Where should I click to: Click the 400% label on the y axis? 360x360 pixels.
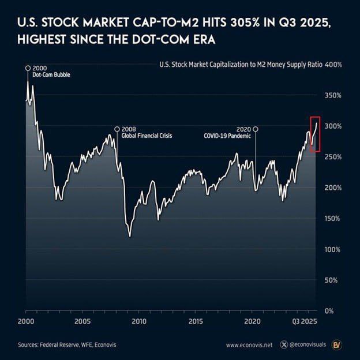pos(334,65)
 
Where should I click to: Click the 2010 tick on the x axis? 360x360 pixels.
pos(138,321)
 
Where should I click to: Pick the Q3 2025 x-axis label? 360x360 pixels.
pos(303,321)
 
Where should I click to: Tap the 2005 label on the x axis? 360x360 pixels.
pos(82,321)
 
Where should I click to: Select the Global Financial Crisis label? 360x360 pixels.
pos(147,136)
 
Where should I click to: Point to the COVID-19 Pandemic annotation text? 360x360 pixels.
pos(228,136)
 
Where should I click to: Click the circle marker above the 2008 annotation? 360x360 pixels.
pos(117,129)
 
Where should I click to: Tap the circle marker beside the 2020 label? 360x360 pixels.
pos(256,129)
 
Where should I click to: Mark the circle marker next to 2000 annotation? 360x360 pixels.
pos(27,68)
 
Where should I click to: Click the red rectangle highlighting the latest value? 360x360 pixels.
pos(314,134)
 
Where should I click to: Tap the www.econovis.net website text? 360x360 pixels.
pos(248,345)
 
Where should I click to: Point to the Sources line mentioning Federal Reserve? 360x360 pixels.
pos(67,345)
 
